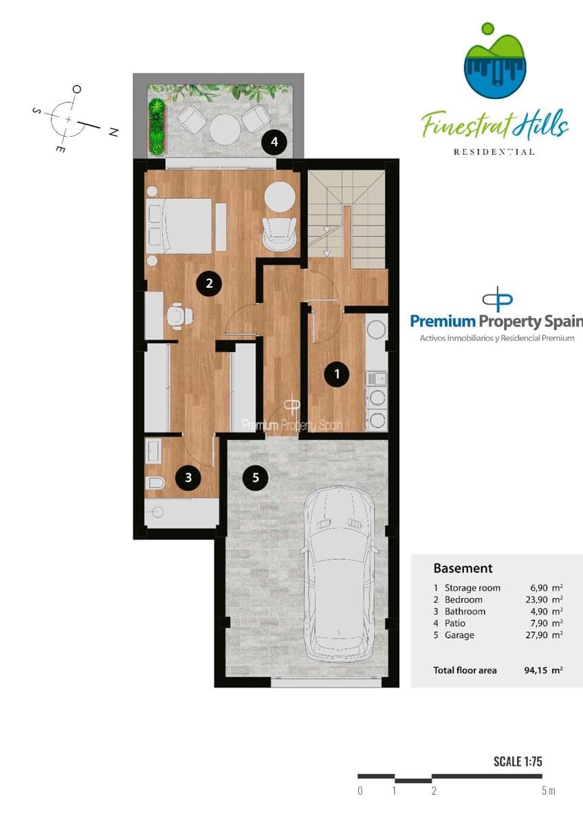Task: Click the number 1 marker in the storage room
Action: pyautogui.click(x=337, y=374)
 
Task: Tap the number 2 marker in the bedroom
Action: pyautogui.click(x=209, y=283)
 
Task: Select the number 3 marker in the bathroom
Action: pyautogui.click(x=188, y=478)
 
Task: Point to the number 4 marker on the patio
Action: pyautogui.click(x=275, y=143)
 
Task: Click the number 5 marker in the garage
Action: pyautogui.click(x=256, y=477)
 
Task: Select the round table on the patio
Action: pyautogui.click(x=223, y=127)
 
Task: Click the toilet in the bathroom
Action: pyautogui.click(x=155, y=483)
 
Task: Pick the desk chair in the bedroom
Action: pyautogui.click(x=179, y=316)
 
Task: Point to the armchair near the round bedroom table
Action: pyautogui.click(x=279, y=230)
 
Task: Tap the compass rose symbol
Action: pyautogui.click(x=69, y=119)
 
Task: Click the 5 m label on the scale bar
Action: pyautogui.click(x=547, y=791)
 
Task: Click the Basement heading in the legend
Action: pyautogui.click(x=463, y=569)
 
